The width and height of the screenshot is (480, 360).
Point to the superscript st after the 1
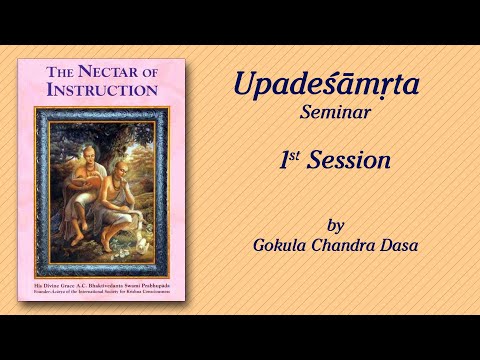[x=297, y=154]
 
